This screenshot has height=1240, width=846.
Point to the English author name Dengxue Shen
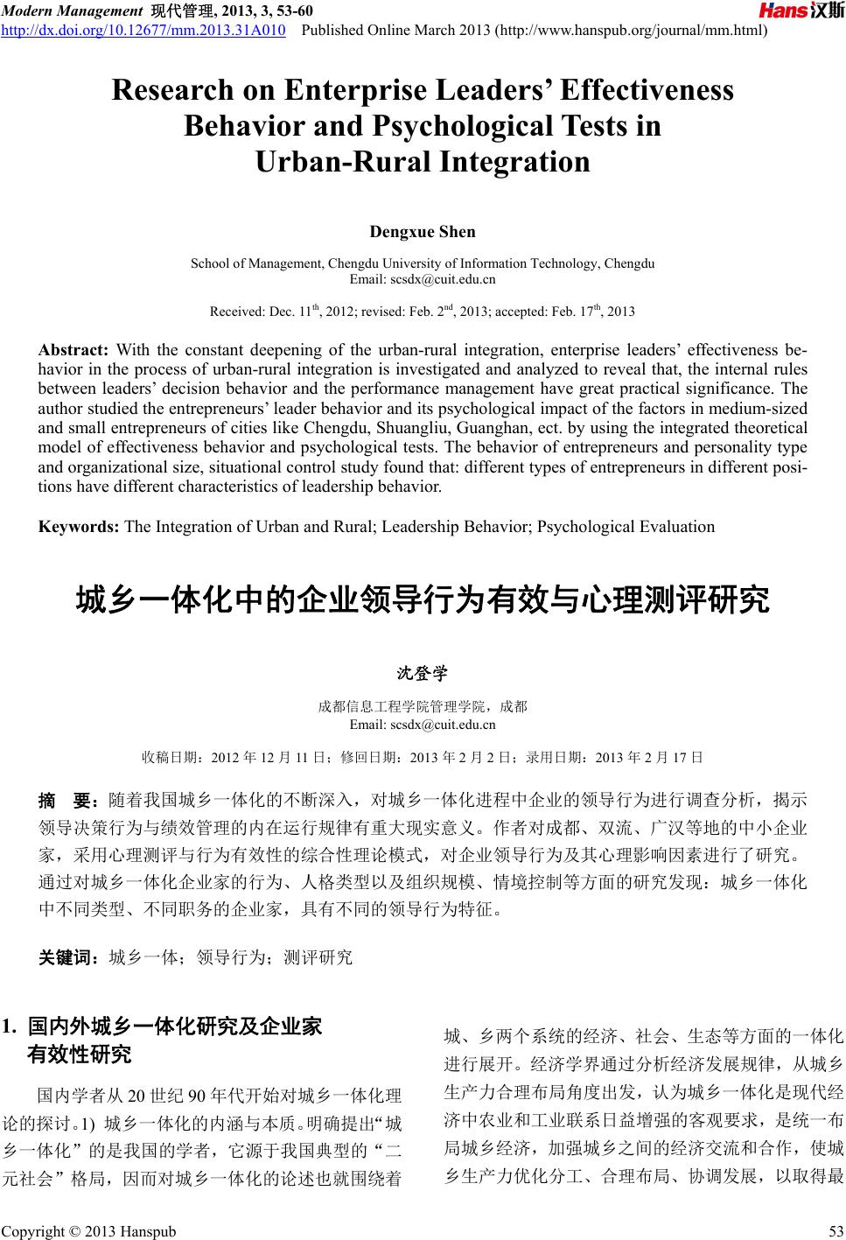click(x=423, y=232)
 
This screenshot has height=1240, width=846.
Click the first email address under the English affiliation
click(x=423, y=280)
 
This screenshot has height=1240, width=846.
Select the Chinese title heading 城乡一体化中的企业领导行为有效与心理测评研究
click(x=423, y=602)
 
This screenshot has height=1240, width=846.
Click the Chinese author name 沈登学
click(x=423, y=674)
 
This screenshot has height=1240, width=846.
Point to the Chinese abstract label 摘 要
click(x=69, y=800)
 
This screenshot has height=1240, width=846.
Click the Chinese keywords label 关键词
click(x=69, y=957)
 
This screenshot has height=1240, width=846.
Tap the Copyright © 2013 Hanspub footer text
click(x=88, y=1231)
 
